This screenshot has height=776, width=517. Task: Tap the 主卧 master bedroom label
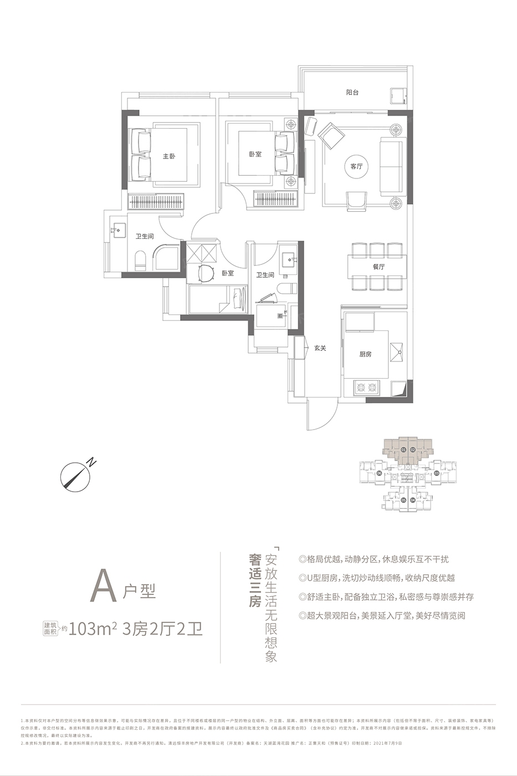pos(169,156)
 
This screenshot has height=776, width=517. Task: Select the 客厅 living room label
pos(356,166)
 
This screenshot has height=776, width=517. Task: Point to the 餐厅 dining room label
pos(379,267)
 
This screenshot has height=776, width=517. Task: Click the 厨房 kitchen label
pos(365,355)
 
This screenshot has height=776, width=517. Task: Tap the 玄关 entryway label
pos(320,348)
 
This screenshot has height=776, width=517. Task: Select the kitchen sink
pos(397,350)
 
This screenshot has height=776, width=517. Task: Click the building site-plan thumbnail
pos(408,474)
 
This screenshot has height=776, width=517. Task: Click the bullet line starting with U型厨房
pos(377,578)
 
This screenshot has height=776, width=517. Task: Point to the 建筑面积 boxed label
pos(50,628)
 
